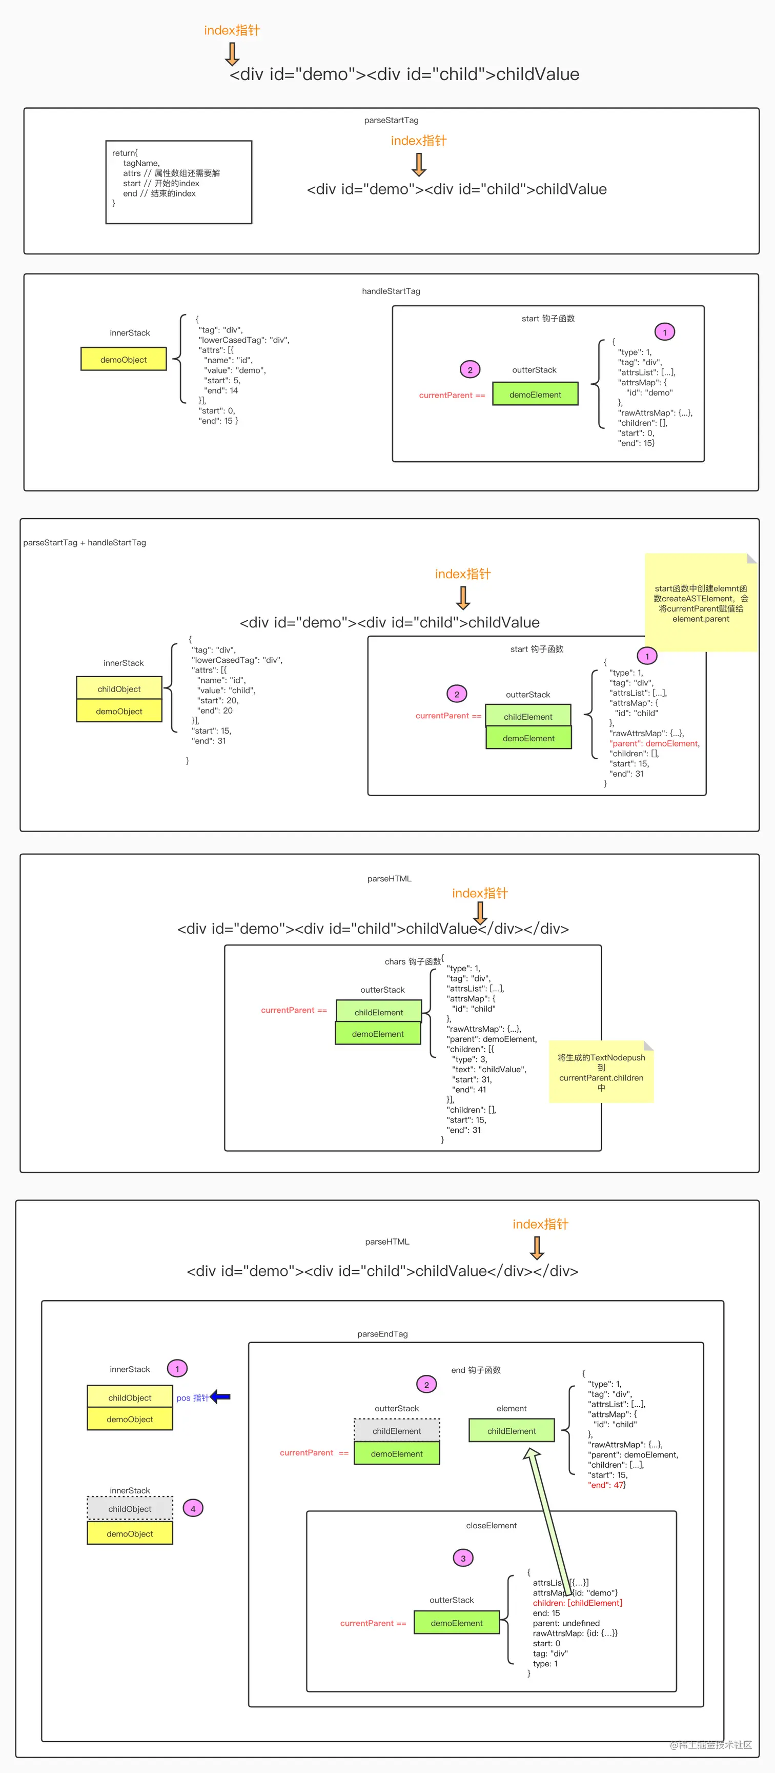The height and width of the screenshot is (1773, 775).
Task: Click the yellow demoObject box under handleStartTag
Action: pos(124,359)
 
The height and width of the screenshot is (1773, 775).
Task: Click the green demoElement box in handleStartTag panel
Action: pos(535,395)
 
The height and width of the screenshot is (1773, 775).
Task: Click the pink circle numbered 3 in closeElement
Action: pos(463,1558)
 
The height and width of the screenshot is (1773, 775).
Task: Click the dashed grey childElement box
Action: pos(397,1431)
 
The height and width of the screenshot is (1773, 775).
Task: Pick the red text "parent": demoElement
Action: pos(654,743)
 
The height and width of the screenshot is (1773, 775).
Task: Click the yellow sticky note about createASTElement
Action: pos(700,603)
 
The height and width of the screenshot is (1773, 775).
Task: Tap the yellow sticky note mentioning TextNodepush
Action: pos(601,1072)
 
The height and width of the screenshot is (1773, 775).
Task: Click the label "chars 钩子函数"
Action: pos(413,961)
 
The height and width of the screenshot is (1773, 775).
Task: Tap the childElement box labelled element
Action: pos(512,1431)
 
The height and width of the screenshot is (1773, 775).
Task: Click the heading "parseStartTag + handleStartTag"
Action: pos(85,542)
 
